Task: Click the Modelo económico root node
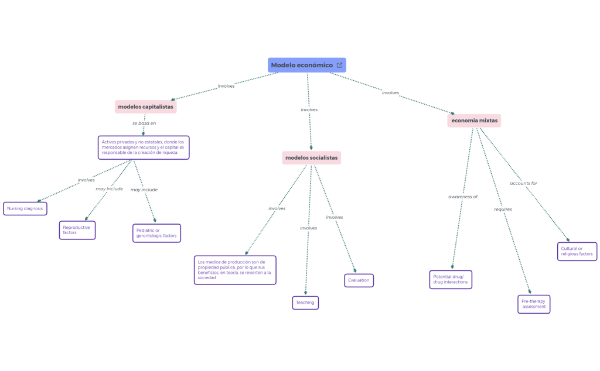coord(302,65)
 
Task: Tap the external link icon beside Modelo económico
coord(339,65)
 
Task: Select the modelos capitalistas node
coord(145,107)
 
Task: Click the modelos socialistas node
coord(311,157)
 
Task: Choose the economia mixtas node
coord(474,121)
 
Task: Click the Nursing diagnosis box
coord(25,208)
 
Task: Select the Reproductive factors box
coord(77,230)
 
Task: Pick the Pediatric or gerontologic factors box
coord(156,233)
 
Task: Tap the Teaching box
coord(305,303)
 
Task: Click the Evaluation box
coord(359,280)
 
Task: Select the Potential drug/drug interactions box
coord(451,280)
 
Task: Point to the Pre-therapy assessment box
coord(534,304)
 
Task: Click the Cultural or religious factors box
coord(577,251)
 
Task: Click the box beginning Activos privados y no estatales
coord(144,147)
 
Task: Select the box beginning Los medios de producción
coord(235,270)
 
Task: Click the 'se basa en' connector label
coord(144,123)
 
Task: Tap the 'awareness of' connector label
coord(463,197)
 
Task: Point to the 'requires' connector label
coord(503,209)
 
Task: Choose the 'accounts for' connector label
coord(523,183)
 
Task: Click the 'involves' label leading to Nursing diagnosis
coord(86,180)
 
